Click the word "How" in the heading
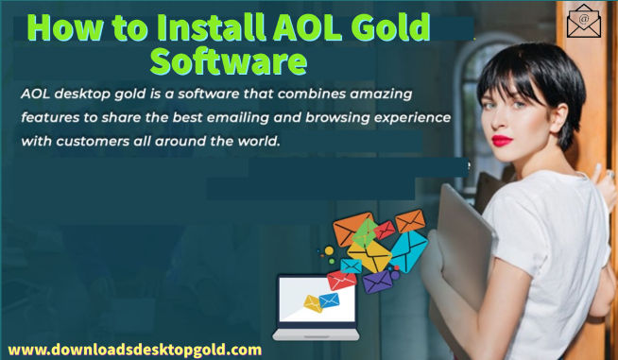point(65,27)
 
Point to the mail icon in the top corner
point(584,20)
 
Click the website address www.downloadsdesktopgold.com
point(134,349)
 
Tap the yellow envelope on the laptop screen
point(313,303)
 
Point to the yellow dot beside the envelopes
point(329,250)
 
